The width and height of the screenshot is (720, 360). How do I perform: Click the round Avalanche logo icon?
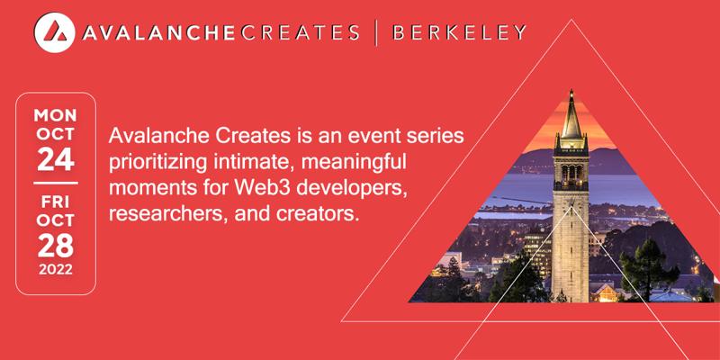[x=54, y=32]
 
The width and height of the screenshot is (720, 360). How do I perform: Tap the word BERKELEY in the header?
[x=459, y=32]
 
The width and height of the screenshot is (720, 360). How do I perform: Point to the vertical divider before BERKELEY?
[x=376, y=32]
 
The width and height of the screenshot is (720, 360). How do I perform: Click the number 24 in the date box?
[x=56, y=160]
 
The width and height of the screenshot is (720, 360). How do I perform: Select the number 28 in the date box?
[x=56, y=246]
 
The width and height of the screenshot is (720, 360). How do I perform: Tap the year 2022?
[x=56, y=269]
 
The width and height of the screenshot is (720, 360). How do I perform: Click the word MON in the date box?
[x=56, y=115]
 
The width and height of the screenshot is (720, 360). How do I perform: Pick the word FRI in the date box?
[x=56, y=202]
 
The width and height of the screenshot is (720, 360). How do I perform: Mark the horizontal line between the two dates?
[x=56, y=184]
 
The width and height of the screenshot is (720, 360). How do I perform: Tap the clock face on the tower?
[x=571, y=202]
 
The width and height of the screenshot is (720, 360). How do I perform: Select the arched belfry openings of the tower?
[x=571, y=172]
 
